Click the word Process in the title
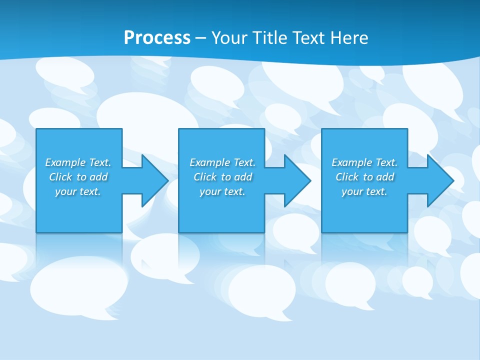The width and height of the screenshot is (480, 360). click(157, 37)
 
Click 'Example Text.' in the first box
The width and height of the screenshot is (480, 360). click(78, 162)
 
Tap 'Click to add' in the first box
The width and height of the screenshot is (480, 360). click(78, 177)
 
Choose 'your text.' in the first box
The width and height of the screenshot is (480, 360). click(78, 191)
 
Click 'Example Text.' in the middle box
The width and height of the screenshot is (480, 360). click(222, 162)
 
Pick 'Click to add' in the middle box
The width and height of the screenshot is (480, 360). click(222, 177)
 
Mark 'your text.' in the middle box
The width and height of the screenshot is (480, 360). click(222, 191)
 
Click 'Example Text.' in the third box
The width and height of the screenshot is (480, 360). click(364, 162)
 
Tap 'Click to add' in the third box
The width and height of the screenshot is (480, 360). click(364, 177)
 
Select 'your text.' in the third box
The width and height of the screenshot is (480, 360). click(364, 191)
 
